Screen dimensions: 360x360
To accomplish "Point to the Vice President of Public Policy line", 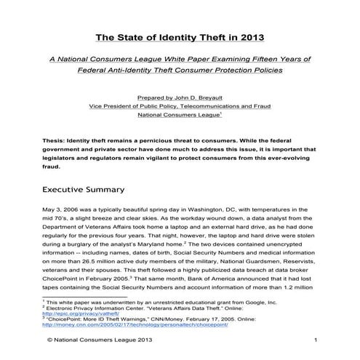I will click(x=180, y=105).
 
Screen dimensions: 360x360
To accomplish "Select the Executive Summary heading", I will click(x=83, y=190).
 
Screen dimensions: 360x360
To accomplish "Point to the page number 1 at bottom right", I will click(x=316, y=340).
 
